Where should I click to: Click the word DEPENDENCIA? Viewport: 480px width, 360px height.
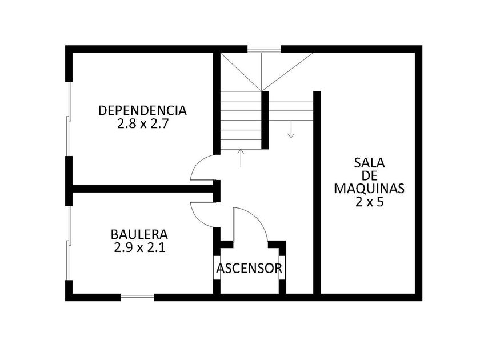pyautogui.click(x=142, y=110)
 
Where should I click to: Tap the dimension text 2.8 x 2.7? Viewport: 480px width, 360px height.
pyautogui.click(x=143, y=124)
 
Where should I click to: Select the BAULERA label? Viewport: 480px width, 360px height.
pyautogui.click(x=139, y=234)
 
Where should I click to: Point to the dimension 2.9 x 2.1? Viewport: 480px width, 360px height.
pyautogui.click(x=139, y=247)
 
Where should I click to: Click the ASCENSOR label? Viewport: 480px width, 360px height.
pyautogui.click(x=249, y=269)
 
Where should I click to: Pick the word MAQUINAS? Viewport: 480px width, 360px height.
pyautogui.click(x=369, y=188)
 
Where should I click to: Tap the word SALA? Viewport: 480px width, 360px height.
pyautogui.click(x=369, y=162)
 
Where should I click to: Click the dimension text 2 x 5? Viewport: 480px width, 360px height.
pyautogui.click(x=369, y=202)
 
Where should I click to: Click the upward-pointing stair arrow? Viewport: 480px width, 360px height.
pyautogui.click(x=241, y=158)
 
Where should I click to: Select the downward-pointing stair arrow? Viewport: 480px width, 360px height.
pyautogui.click(x=291, y=129)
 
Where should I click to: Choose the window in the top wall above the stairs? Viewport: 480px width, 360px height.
pyautogui.click(x=264, y=49)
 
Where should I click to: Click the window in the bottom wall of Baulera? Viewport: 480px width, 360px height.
pyautogui.click(x=137, y=297)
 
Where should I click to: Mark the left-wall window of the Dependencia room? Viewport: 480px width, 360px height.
pyautogui.click(x=69, y=119)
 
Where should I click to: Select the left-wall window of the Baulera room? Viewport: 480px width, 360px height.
pyautogui.click(x=69, y=243)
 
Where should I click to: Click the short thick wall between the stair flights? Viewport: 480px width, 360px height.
pyautogui.click(x=265, y=120)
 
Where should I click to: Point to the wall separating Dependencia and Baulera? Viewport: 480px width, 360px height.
pyautogui.click(x=143, y=189)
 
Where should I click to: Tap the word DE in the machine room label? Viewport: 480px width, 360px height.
pyautogui.click(x=370, y=175)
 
